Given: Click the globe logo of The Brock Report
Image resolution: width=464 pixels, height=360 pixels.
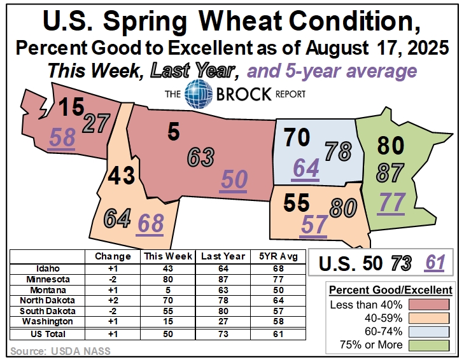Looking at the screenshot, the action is pos(198,93).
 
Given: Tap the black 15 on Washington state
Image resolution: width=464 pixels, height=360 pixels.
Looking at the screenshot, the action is pos(71,106).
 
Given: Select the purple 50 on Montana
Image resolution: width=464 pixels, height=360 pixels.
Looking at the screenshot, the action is pos(234,179).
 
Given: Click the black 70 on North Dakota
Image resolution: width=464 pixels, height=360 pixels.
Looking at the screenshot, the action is pos(297,137).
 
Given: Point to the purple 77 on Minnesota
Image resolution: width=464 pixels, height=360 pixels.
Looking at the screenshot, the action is pos(392,202).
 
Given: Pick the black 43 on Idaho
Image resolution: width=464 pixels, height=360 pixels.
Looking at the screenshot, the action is pos(122,175).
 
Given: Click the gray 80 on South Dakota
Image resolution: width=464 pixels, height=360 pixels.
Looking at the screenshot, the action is pos(343,207).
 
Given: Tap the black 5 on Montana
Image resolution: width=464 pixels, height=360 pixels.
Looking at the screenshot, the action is pos(173,132).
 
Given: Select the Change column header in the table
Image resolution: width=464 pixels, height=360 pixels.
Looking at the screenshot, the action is pos(113,256).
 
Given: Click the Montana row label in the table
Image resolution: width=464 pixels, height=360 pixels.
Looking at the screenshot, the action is pos(48,290).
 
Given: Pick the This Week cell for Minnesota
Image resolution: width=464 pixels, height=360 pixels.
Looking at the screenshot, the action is pos(168,279).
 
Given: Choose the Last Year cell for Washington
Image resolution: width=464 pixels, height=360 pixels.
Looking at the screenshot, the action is pos(223,321).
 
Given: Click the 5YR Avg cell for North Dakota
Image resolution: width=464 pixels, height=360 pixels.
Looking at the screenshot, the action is pos(278,300).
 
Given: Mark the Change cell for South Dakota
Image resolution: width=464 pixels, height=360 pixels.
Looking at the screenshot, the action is pos(113,311).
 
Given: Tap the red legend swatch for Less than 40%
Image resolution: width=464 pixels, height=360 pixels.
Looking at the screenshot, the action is pos(429,305).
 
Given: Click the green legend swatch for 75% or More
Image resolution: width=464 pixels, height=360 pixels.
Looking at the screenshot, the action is pos(429,345).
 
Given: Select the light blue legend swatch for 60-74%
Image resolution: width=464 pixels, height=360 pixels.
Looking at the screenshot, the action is pos(429,331).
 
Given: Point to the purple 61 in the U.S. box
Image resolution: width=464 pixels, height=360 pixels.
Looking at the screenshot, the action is pos(435,263).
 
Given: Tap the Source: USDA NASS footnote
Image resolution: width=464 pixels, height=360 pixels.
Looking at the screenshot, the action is pos(60,351).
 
